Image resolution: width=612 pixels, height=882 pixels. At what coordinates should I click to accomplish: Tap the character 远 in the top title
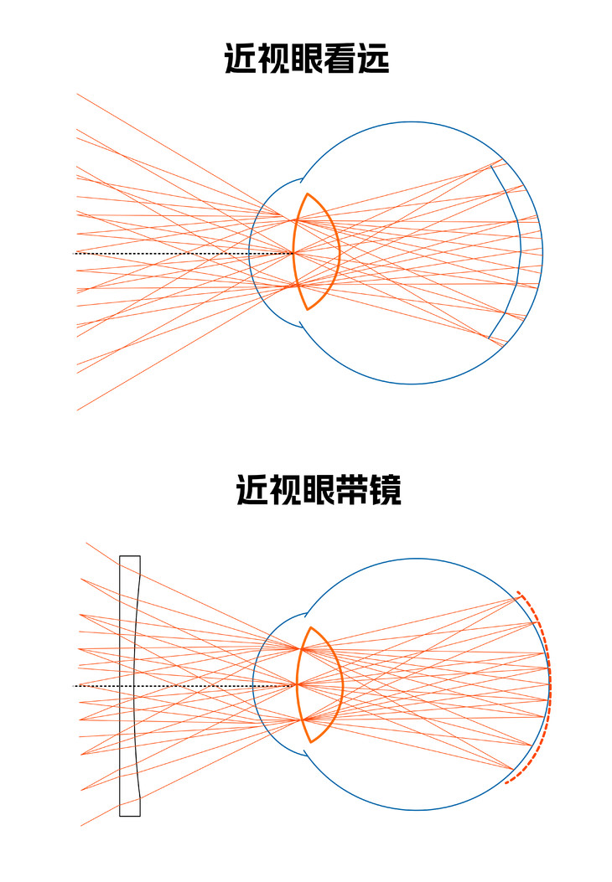click(x=373, y=59)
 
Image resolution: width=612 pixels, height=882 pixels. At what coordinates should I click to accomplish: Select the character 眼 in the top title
click(x=306, y=59)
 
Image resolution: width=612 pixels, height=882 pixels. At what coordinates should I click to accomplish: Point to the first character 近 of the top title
click(x=241, y=59)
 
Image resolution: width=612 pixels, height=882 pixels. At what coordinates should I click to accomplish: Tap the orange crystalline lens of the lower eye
click(x=321, y=684)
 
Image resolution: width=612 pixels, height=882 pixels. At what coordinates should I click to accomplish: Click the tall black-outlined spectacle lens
click(x=129, y=685)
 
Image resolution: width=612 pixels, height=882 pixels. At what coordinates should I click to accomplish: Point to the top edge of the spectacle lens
click(x=129, y=555)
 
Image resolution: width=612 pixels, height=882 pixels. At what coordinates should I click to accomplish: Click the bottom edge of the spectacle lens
click(x=129, y=815)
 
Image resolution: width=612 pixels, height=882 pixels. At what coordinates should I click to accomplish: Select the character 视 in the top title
click(x=273, y=59)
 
